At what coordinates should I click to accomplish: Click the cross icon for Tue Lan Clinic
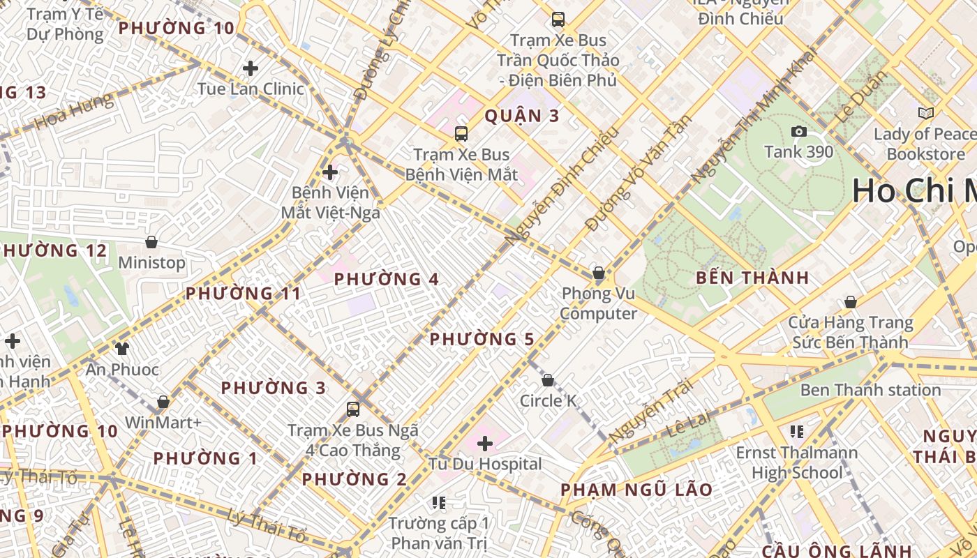point(251,68)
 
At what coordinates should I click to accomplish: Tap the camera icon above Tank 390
point(799,131)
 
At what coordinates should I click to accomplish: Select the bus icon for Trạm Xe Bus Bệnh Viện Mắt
point(461,134)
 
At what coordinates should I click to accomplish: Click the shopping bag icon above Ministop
point(151,242)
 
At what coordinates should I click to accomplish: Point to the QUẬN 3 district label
point(522,116)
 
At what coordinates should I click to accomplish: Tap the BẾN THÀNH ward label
point(752,278)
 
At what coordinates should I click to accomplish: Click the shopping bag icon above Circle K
point(548,380)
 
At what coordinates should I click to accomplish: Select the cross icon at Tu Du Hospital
point(485,443)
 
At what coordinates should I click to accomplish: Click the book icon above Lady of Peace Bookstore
point(926,113)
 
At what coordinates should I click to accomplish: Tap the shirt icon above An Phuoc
point(122,348)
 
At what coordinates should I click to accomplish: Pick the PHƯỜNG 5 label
point(482,340)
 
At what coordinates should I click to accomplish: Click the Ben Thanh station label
point(870,390)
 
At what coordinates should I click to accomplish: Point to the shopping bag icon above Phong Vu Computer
point(598,273)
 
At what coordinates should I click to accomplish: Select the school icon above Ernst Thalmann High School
point(797,432)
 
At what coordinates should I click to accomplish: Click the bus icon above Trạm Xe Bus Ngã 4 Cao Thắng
point(353,409)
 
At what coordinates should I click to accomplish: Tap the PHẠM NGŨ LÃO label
point(636,490)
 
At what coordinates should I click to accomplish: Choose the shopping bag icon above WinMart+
point(163,402)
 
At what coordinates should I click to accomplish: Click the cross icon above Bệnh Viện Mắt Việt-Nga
point(330,172)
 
